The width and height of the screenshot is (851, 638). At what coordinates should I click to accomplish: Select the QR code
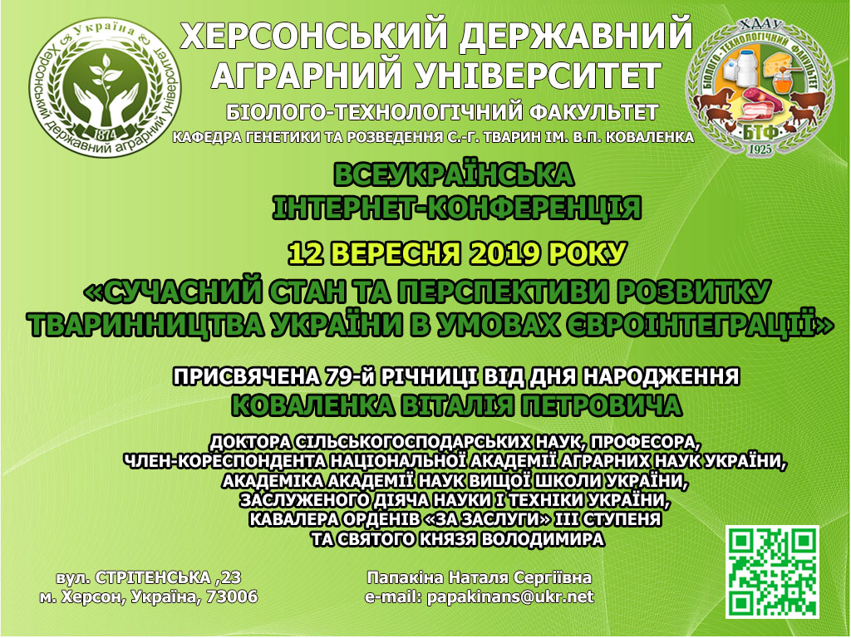click(x=772, y=572)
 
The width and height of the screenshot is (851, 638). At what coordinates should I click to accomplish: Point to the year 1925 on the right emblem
click(x=760, y=148)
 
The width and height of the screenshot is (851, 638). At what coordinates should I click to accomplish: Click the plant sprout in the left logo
click(x=106, y=76)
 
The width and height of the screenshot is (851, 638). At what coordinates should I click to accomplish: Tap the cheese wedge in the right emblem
click(x=780, y=63)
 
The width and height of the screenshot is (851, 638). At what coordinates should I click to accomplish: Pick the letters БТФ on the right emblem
click(x=760, y=131)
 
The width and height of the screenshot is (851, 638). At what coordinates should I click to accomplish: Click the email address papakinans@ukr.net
click(x=510, y=597)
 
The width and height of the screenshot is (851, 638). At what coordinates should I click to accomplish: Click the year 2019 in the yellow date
click(x=505, y=253)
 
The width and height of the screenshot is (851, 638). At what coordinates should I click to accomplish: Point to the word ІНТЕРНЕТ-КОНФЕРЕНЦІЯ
click(x=456, y=208)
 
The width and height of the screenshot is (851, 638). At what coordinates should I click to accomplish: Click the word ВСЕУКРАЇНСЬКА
click(x=454, y=174)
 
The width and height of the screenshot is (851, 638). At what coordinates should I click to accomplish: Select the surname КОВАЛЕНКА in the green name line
click(x=312, y=405)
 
